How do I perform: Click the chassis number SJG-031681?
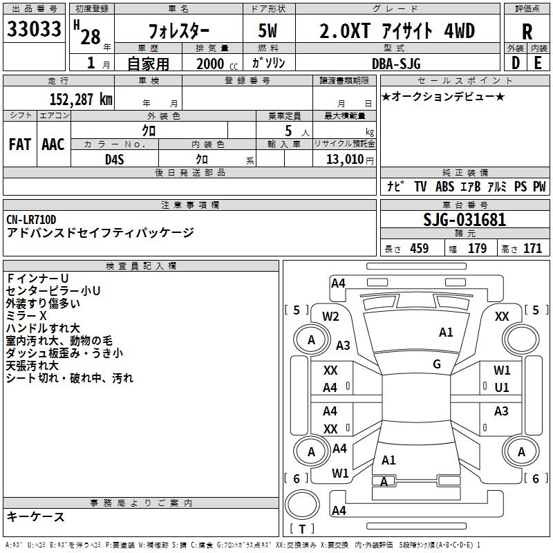coord(465,221)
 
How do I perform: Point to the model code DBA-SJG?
coord(397,64)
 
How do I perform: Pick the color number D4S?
coord(114,159)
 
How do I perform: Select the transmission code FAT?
coord(19,144)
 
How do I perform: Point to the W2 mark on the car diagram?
coord(330,317)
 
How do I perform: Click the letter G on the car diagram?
coord(437,364)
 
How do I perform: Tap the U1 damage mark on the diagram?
coord(502,388)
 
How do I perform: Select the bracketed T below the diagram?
coord(302,529)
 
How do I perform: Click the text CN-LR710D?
coord(32,220)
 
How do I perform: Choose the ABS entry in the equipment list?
coord(444,187)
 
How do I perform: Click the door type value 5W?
coord(269,31)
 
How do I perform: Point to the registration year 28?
coord(90,36)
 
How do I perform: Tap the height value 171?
coord(533,249)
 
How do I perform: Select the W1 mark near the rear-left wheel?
coord(340,474)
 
